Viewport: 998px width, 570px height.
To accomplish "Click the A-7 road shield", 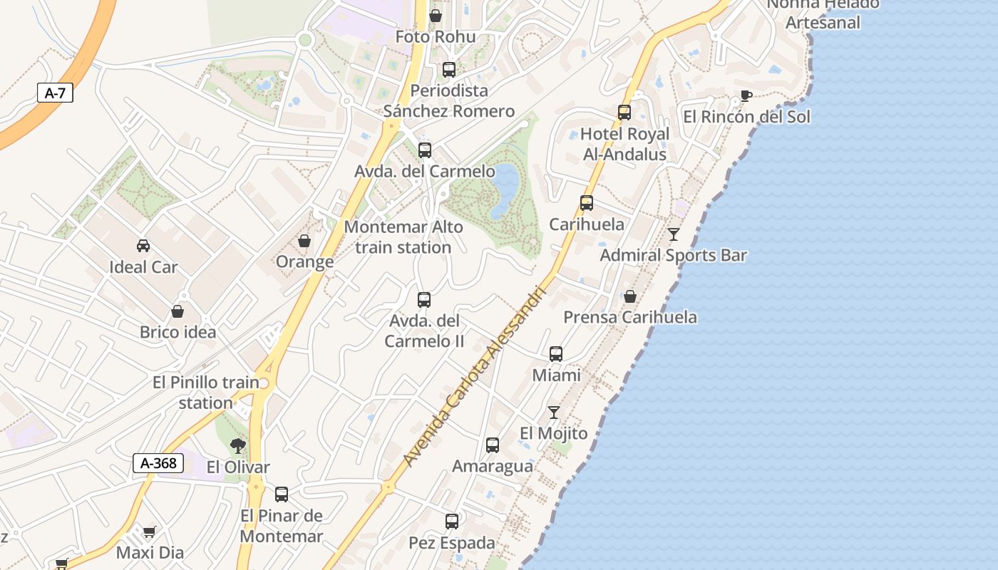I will pyautogui.click(x=55, y=93).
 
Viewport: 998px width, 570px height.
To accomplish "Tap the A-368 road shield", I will pyautogui.click(x=158, y=463).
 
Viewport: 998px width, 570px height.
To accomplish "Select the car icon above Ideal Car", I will pyautogui.click(x=143, y=246).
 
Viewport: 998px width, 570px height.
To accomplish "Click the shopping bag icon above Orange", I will pyautogui.click(x=304, y=241).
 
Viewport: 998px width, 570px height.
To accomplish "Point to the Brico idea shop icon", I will pyautogui.click(x=178, y=311).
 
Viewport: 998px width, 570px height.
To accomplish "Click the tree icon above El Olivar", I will pyautogui.click(x=237, y=446).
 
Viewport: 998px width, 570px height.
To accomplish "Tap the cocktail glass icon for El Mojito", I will pyautogui.click(x=554, y=412).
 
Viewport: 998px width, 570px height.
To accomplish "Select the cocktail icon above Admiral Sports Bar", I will pyautogui.click(x=674, y=234).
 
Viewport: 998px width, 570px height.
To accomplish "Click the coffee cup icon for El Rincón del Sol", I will pyautogui.click(x=746, y=95).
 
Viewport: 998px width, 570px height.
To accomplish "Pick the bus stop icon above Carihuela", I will pyautogui.click(x=587, y=203).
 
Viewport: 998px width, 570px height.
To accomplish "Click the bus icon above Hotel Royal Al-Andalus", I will pyautogui.click(x=624, y=113).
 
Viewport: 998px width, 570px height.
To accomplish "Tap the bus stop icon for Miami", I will pyautogui.click(x=556, y=353).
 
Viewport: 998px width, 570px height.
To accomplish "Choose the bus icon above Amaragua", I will pyautogui.click(x=493, y=445).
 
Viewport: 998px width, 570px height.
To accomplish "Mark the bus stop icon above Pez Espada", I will pyautogui.click(x=452, y=522).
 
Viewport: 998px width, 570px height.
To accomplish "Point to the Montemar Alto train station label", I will pyautogui.click(x=403, y=237).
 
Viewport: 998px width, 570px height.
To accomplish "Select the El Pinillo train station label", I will pyautogui.click(x=206, y=393).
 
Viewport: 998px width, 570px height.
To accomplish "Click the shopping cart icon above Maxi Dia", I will pyautogui.click(x=150, y=532).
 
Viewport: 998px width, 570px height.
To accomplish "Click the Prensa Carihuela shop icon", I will pyautogui.click(x=630, y=296).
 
